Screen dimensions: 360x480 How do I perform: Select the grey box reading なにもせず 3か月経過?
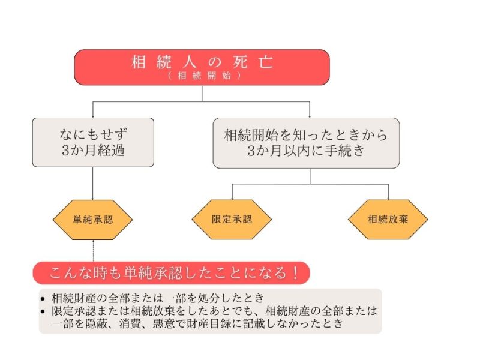coord(93,142)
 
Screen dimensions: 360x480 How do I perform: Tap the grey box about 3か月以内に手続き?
coord(306,142)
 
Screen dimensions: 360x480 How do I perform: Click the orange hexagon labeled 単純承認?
coord(93,219)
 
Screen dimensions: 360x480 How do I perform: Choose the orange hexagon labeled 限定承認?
coord(232,219)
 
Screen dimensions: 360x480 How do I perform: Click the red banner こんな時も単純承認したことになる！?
coord(171,272)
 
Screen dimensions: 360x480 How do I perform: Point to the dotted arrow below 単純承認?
coord(94,251)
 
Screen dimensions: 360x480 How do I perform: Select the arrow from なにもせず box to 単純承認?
coord(93,183)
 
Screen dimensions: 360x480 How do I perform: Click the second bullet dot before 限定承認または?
coord(43,311)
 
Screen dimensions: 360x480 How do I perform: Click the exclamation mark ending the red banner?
coord(295,272)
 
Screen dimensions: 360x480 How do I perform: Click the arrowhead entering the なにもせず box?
coord(93,115)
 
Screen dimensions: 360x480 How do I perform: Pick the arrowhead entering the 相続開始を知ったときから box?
coord(310,115)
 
